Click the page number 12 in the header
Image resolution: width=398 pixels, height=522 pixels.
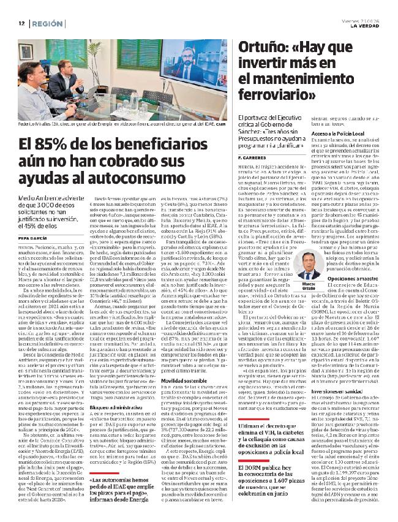21,23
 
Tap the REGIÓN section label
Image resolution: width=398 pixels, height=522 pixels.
49,23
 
